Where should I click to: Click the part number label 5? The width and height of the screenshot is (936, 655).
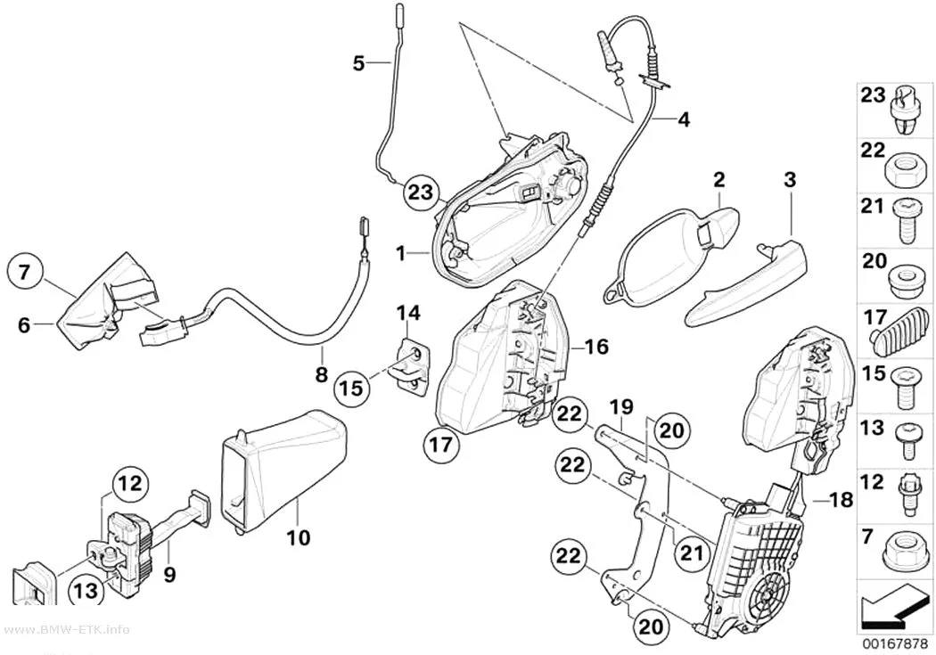[358, 62]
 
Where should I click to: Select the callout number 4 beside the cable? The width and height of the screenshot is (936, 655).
[684, 120]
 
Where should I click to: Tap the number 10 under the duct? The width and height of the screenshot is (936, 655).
[299, 537]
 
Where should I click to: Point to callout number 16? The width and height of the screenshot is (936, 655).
[597, 346]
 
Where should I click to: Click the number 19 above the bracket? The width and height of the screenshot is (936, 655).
[620, 409]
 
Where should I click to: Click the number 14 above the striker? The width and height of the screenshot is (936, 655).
[408, 313]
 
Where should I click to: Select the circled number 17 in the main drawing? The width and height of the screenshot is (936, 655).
[442, 444]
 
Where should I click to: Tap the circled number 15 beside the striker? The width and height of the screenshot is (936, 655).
[351, 389]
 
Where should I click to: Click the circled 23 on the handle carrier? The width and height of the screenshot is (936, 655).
[419, 192]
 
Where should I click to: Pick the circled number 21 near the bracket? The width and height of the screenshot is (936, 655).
[693, 553]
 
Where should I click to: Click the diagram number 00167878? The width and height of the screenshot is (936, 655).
[893, 644]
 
